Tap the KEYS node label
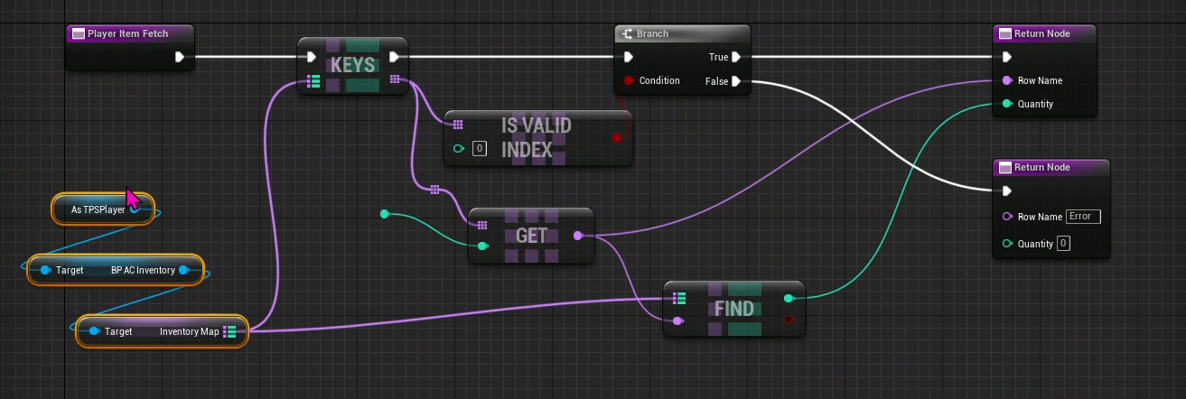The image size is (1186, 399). (x=352, y=65)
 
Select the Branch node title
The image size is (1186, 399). (x=652, y=33)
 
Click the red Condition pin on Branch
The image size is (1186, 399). (x=629, y=80)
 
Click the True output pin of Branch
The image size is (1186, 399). (x=737, y=57)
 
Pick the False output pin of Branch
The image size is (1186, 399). (x=737, y=81)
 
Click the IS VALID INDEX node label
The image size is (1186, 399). (x=537, y=137)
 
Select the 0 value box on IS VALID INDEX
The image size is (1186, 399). (x=480, y=149)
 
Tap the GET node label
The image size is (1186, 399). (x=531, y=236)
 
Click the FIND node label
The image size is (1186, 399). (x=733, y=309)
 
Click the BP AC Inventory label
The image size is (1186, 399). (x=143, y=270)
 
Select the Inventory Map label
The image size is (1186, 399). (x=190, y=331)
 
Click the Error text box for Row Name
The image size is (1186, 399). (x=1083, y=217)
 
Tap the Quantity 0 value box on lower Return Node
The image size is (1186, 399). (x=1063, y=244)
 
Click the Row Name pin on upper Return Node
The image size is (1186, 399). (x=1007, y=80)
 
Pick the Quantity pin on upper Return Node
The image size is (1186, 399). (x=1007, y=104)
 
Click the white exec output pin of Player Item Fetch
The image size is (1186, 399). (x=180, y=57)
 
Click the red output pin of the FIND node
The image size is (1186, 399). (x=789, y=320)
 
